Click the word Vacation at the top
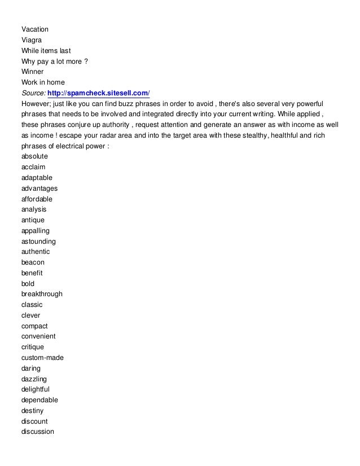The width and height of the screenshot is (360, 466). tap(34, 29)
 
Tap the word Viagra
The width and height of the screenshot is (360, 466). tap(32, 40)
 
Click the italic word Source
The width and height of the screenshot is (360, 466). tap(33, 93)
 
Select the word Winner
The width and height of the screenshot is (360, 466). tap(32, 72)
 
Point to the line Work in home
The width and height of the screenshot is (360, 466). tap(43, 82)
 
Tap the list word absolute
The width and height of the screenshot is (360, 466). tap(34, 156)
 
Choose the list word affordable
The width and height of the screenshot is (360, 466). tap(37, 199)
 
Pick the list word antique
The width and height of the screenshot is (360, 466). tap(33, 220)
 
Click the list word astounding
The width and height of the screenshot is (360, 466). tap(38, 241)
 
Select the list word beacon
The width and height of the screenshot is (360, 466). tap(33, 262)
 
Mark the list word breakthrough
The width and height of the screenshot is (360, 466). tap(42, 294)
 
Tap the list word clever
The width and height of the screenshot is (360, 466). tap(30, 315)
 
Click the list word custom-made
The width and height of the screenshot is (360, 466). tap(42, 358)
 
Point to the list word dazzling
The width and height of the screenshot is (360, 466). tap(34, 379)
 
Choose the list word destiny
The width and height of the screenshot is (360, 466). tap(32, 411)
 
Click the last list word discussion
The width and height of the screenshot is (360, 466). tap(38, 432)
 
